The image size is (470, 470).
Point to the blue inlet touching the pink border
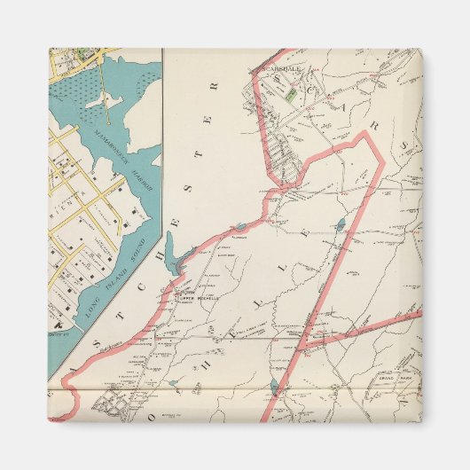click(x=180, y=262)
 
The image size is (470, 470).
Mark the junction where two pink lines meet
click(x=302, y=340)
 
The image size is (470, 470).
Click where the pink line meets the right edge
click(x=419, y=313)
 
